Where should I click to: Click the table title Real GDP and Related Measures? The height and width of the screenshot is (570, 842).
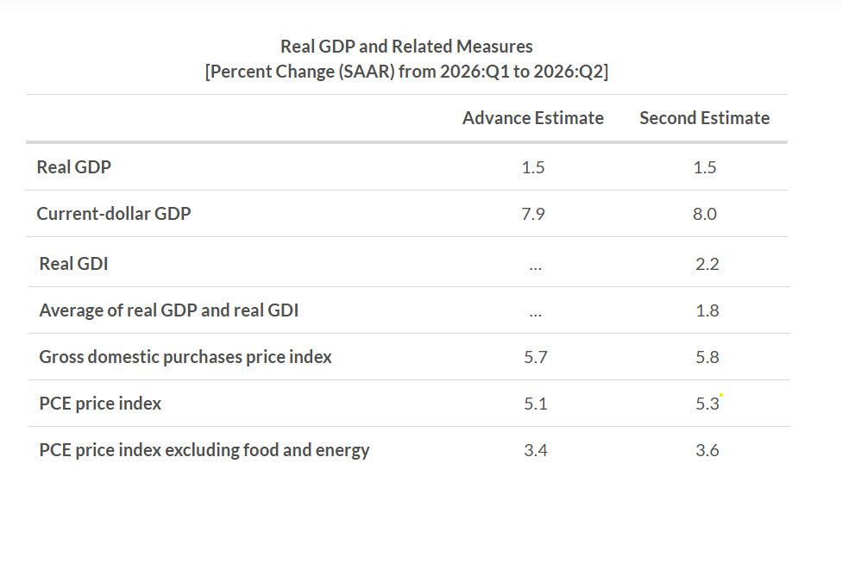pos(406,47)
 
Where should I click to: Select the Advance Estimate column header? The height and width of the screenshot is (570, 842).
pos(533,117)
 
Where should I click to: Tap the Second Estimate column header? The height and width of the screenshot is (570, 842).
pos(705,117)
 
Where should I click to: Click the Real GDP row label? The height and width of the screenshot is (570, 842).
pos(73,167)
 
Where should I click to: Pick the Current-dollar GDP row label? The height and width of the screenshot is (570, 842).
pos(113,214)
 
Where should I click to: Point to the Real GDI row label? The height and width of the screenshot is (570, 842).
pos(73,264)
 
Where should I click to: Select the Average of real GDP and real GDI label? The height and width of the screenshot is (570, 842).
pos(168,310)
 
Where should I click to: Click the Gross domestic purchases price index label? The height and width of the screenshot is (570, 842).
pos(185,357)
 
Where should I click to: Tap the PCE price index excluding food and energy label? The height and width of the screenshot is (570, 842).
pos(204,450)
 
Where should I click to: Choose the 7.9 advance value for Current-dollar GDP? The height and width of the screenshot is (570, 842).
pos(533,214)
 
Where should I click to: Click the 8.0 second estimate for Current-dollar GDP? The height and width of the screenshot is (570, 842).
pos(705,214)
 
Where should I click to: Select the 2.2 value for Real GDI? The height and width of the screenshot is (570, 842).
pos(707,264)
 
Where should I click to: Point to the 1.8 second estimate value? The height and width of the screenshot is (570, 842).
pos(707,310)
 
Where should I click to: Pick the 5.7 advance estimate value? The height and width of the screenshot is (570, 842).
pos(536,357)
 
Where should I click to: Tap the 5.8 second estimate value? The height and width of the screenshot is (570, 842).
pos(707,357)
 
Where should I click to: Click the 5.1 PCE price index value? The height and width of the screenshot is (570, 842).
pos(536,404)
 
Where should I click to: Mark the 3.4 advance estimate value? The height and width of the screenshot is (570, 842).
pos(536,450)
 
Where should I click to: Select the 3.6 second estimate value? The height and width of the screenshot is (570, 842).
pos(707,450)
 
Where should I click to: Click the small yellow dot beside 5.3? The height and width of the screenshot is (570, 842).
pos(721,395)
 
